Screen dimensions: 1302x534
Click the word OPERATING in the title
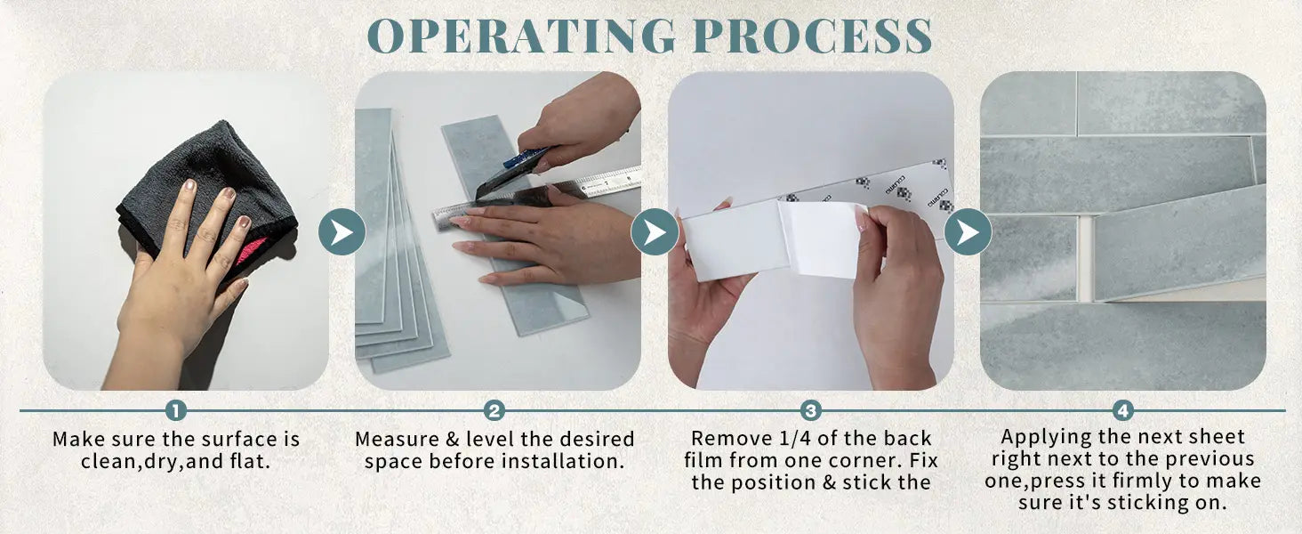click(521, 36)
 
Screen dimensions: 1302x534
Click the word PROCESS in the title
click(813, 36)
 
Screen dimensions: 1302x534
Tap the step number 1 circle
click(175, 410)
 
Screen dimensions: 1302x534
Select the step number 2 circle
click(494, 410)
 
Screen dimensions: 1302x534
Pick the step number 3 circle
click(810, 410)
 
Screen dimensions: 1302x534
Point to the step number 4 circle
click(1123, 410)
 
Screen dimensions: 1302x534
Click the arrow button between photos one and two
click(342, 231)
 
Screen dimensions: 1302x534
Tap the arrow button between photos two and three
click(655, 231)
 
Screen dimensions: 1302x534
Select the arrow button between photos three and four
click(968, 231)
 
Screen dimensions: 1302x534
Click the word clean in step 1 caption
click(110, 462)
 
